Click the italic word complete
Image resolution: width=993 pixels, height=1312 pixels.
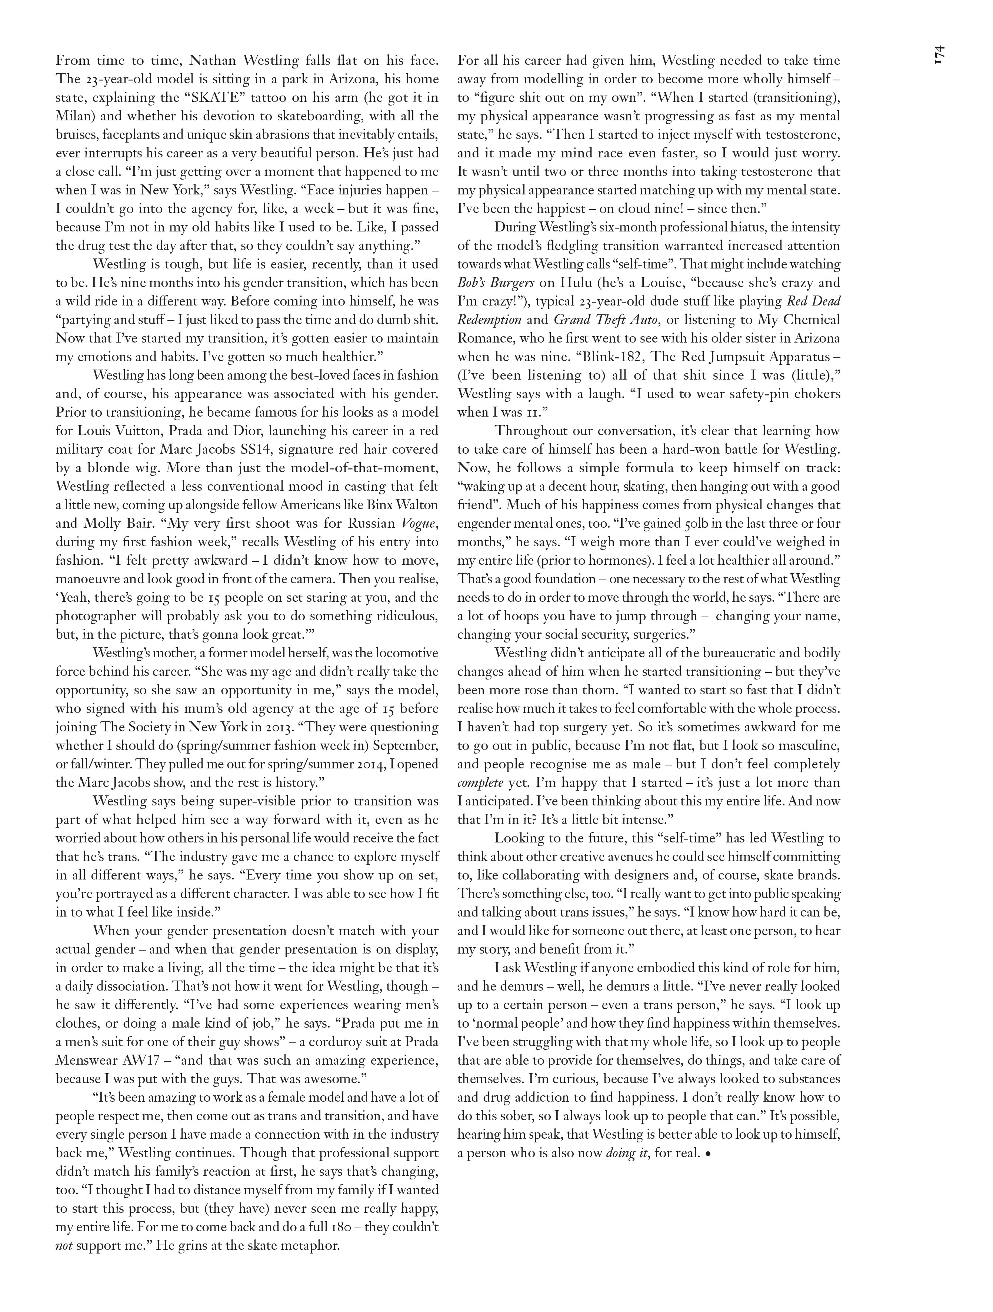480,782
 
